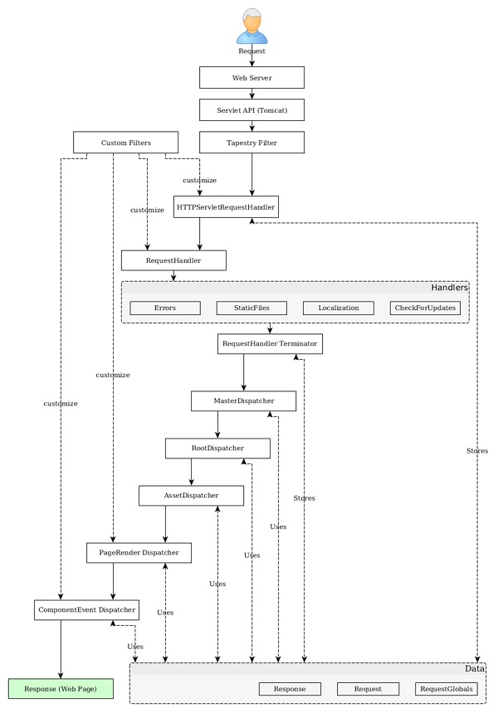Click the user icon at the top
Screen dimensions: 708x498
[251, 27]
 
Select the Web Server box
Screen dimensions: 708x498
[251, 78]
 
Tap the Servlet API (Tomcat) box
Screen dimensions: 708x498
[251, 110]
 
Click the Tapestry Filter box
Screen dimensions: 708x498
[251, 143]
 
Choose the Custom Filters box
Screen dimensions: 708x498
[125, 143]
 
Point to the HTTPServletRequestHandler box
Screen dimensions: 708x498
[227, 206]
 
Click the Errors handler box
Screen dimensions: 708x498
[165, 308]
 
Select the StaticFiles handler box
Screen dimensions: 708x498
[251, 308]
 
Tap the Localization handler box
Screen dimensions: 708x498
[338, 308]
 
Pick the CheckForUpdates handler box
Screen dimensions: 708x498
[425, 308]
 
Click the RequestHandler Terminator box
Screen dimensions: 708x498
[270, 343]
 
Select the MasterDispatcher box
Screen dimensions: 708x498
[243, 401]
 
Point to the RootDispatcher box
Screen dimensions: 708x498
[217, 449]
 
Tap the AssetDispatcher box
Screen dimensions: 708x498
[191, 496]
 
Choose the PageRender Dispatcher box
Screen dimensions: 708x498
[139, 553]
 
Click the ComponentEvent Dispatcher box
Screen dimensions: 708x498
[86, 610]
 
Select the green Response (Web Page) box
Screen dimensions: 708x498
[61, 689]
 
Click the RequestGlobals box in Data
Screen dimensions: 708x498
[447, 689]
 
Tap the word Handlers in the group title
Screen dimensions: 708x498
[449, 288]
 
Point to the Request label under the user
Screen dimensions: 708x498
[251, 51]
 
